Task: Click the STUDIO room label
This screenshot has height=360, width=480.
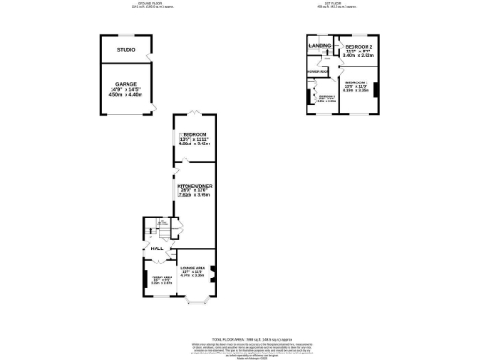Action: coord(126,49)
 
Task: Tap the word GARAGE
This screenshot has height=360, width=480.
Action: coord(126,84)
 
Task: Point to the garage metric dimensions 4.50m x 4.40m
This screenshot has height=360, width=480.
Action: coord(126,94)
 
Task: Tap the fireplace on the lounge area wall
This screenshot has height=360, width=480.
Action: coord(215,274)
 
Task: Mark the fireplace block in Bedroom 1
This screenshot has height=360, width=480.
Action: coord(377,90)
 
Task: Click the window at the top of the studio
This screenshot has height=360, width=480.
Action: coord(126,36)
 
